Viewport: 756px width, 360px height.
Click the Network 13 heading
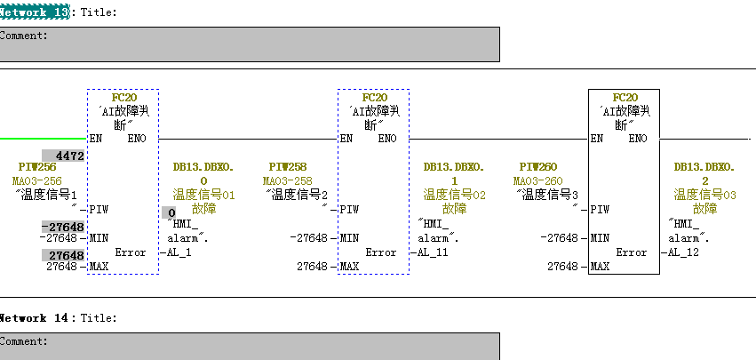point(35,12)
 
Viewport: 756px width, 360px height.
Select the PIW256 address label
point(37,167)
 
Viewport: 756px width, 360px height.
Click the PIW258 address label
point(288,167)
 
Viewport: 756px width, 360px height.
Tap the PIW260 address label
point(538,167)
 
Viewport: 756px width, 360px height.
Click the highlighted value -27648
point(63,227)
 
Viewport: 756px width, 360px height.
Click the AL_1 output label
point(179,252)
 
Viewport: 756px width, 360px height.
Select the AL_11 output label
point(433,252)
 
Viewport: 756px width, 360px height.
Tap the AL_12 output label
point(683,252)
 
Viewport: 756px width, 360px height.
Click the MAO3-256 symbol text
point(37,181)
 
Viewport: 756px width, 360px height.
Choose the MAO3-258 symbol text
point(288,181)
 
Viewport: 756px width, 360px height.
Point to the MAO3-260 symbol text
point(538,181)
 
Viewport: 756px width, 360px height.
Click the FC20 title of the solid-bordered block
point(625,98)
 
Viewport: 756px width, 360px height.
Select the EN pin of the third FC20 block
point(597,139)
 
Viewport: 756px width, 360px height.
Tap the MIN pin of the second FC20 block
point(349,238)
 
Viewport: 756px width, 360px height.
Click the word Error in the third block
point(632,252)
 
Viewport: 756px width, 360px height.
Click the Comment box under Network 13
point(250,44)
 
